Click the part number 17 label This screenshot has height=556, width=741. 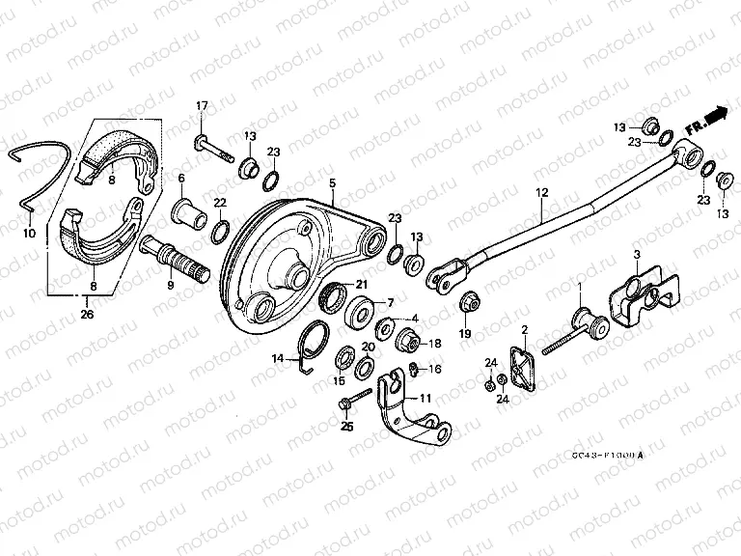click(203, 105)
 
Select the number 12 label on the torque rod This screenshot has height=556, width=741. click(542, 193)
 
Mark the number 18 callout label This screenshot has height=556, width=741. click(435, 343)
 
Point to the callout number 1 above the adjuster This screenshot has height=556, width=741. click(579, 287)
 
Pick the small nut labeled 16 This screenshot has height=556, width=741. click(412, 369)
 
